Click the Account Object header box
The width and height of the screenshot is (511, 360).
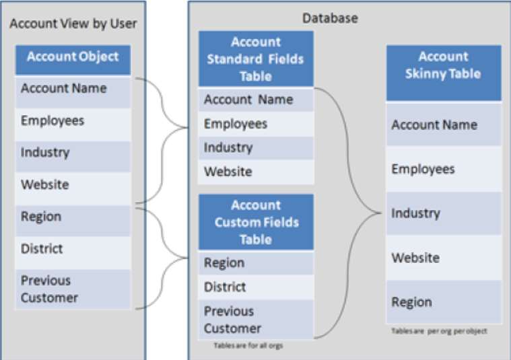pyautogui.click(x=73, y=58)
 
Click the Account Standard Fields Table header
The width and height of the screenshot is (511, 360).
pyautogui.click(x=256, y=59)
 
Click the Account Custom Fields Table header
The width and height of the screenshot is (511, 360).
pyautogui.click(x=256, y=222)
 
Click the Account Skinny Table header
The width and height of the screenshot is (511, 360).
pyautogui.click(x=443, y=65)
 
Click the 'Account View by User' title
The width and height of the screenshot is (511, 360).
pyautogui.click(x=73, y=24)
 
